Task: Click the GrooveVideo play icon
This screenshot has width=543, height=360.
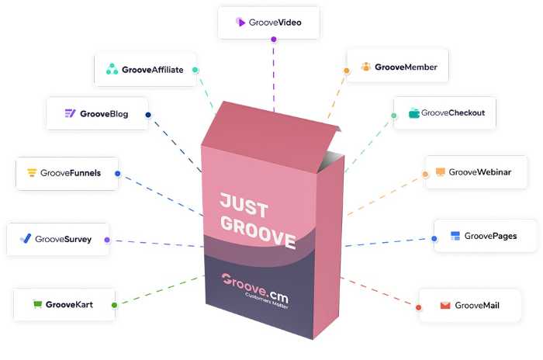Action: (240, 22)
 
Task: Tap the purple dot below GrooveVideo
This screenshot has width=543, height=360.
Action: (274, 39)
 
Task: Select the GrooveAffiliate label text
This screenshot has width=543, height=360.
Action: (152, 70)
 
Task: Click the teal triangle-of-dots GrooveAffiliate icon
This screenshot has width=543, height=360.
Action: (112, 69)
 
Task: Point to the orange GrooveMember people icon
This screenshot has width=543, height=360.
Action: (365, 67)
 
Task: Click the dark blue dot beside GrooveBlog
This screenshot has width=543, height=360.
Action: (148, 115)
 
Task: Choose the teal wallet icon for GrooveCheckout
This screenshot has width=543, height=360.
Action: (413, 113)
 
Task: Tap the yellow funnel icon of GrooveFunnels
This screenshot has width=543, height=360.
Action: (32, 172)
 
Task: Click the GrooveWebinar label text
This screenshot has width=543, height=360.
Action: (479, 172)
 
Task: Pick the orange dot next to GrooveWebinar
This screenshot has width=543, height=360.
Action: (425, 174)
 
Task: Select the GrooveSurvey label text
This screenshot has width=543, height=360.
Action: (63, 239)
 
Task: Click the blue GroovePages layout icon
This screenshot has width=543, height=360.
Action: (455, 236)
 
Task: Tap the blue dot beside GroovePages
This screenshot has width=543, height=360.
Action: (434, 238)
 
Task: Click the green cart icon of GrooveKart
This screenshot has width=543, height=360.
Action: (37, 304)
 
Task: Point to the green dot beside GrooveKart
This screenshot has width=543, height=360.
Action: (114, 305)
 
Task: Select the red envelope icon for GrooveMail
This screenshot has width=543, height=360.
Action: (445, 305)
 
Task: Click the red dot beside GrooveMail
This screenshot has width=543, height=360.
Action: (418, 307)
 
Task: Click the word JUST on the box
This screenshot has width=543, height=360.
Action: (244, 205)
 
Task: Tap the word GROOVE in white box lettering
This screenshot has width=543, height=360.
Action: (258, 232)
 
